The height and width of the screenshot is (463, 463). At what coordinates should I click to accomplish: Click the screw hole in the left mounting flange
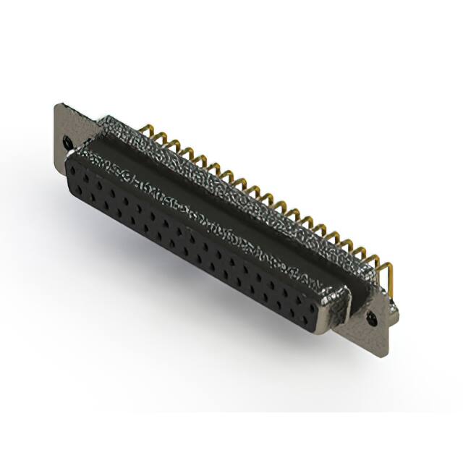tap(68, 142)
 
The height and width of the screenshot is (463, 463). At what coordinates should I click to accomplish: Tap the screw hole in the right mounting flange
tap(373, 317)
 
